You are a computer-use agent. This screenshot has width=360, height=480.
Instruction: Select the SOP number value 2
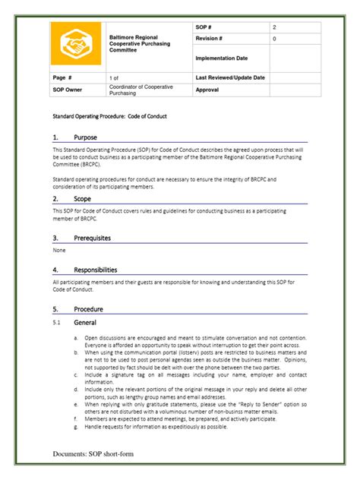click(275, 27)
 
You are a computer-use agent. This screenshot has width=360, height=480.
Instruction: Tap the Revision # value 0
click(275, 38)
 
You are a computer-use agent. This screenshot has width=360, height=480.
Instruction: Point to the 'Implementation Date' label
click(222, 58)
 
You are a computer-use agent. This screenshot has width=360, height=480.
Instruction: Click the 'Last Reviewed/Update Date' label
click(230, 77)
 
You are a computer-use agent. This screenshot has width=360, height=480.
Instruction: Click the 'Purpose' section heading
click(86, 137)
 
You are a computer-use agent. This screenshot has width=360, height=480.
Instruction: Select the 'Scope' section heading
click(83, 198)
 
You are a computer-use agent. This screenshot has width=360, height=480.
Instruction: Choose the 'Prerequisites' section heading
click(92, 238)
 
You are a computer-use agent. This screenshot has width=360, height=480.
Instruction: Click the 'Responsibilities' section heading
click(96, 270)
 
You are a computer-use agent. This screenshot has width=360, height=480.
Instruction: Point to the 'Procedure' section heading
click(88, 309)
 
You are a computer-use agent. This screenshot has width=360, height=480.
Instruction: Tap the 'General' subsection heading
click(84, 322)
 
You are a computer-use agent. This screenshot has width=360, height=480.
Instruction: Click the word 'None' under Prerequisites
click(59, 250)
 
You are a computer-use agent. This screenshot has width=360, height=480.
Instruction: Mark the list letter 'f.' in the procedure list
click(76, 418)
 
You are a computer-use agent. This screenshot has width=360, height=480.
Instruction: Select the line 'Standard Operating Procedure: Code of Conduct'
click(109, 116)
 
